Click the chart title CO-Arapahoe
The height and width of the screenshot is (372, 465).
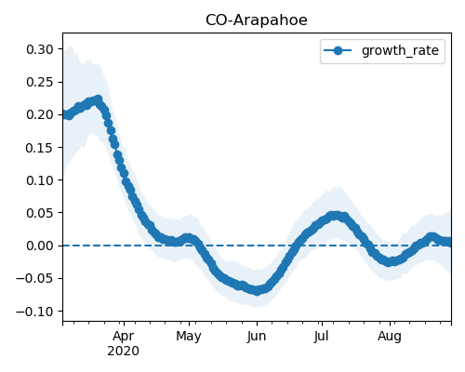point(257,20)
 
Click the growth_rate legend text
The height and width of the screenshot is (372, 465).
point(400,50)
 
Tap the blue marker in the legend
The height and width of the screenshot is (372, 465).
point(338,50)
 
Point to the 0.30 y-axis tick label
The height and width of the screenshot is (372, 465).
point(40,49)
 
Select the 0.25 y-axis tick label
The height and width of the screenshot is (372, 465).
point(40,82)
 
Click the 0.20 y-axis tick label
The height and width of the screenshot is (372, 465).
point(40,114)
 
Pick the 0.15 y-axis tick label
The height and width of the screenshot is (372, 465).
point(40,148)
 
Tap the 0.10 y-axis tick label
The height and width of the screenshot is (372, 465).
point(40,180)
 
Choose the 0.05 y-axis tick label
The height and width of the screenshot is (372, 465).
point(40,213)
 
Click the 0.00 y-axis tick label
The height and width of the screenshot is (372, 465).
point(40,246)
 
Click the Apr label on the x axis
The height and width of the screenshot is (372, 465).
point(124,337)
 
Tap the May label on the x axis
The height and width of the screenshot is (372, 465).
point(189,337)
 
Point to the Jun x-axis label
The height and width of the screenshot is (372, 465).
point(257,337)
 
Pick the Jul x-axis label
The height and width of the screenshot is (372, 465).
point(321,337)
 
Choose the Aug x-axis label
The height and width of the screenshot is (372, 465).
point(390,337)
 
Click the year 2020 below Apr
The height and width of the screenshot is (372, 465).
point(124,352)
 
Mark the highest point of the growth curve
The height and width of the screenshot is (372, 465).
point(99,100)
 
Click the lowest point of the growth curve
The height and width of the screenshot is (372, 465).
point(257,291)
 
